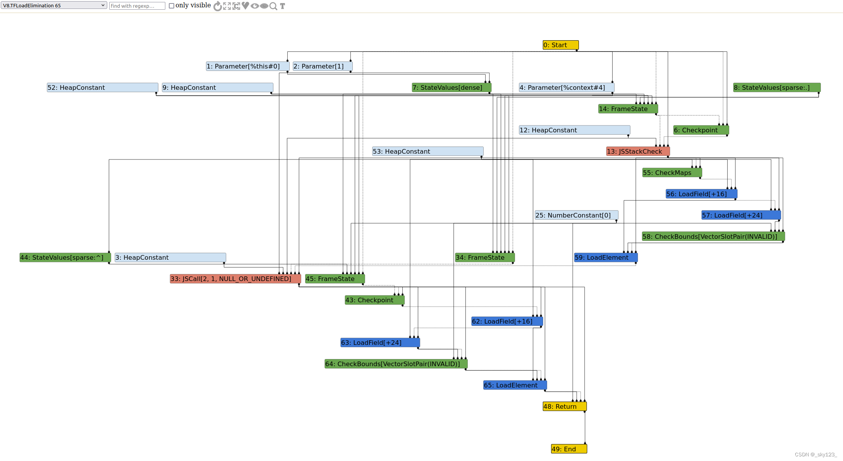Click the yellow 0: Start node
(x=560, y=45)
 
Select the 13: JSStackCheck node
(x=637, y=151)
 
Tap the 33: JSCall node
(x=235, y=279)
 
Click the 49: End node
(x=568, y=449)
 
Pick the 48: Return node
(x=564, y=406)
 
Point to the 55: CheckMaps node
(x=671, y=173)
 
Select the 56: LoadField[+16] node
(x=701, y=194)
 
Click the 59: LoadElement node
(x=605, y=257)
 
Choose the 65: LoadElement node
(x=515, y=385)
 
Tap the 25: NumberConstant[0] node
(x=576, y=215)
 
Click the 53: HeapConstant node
(x=427, y=151)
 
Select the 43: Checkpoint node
(x=374, y=300)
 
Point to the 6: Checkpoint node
(x=700, y=130)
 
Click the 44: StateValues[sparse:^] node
(x=65, y=257)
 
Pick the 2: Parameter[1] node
(x=322, y=66)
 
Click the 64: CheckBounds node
(x=396, y=364)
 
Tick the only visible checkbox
(x=172, y=6)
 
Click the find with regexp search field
(x=137, y=6)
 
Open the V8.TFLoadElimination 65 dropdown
(x=54, y=5)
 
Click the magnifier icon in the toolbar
(x=273, y=6)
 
